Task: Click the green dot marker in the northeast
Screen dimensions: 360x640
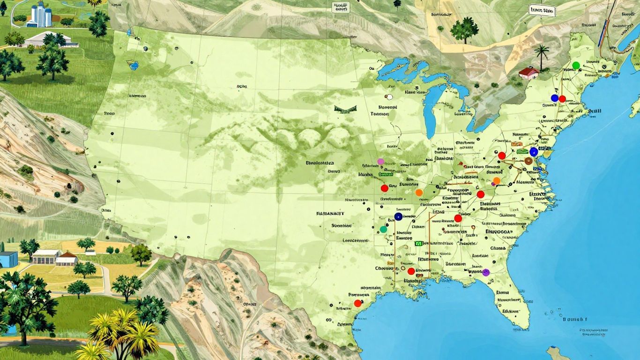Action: (x=576, y=65)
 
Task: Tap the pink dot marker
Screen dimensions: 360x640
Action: (x=380, y=161)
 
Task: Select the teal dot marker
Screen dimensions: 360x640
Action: (x=384, y=229)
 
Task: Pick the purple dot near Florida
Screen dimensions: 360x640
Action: (x=486, y=272)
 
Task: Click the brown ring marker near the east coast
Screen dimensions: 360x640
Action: (x=528, y=161)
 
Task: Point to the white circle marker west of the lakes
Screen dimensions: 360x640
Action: (x=388, y=97)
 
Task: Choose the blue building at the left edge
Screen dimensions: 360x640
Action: (x=8, y=259)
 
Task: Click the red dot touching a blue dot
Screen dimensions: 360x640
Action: (x=562, y=98)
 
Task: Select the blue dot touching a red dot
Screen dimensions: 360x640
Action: (x=555, y=98)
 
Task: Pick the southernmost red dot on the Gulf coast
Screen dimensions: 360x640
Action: (x=357, y=303)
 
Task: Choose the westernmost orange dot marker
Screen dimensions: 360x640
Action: (x=419, y=192)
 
